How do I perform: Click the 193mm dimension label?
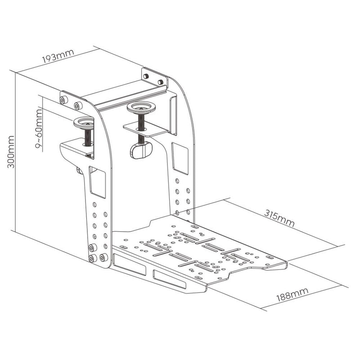point(58,56)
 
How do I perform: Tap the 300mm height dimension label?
point(10,152)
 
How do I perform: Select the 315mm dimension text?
point(279,218)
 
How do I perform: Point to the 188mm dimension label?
point(292,294)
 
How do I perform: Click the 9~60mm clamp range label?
point(39,129)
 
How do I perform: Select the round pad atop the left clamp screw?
point(84,123)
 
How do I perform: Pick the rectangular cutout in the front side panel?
point(97,182)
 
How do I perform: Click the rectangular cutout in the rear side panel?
point(180,158)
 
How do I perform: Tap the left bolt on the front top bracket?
point(63,100)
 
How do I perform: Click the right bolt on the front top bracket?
point(78,106)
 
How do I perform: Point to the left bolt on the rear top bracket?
point(145,76)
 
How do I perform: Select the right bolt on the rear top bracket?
point(161,82)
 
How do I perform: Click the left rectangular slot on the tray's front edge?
point(130,264)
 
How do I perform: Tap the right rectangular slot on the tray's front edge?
point(170,279)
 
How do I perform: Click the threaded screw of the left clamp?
point(88,137)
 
